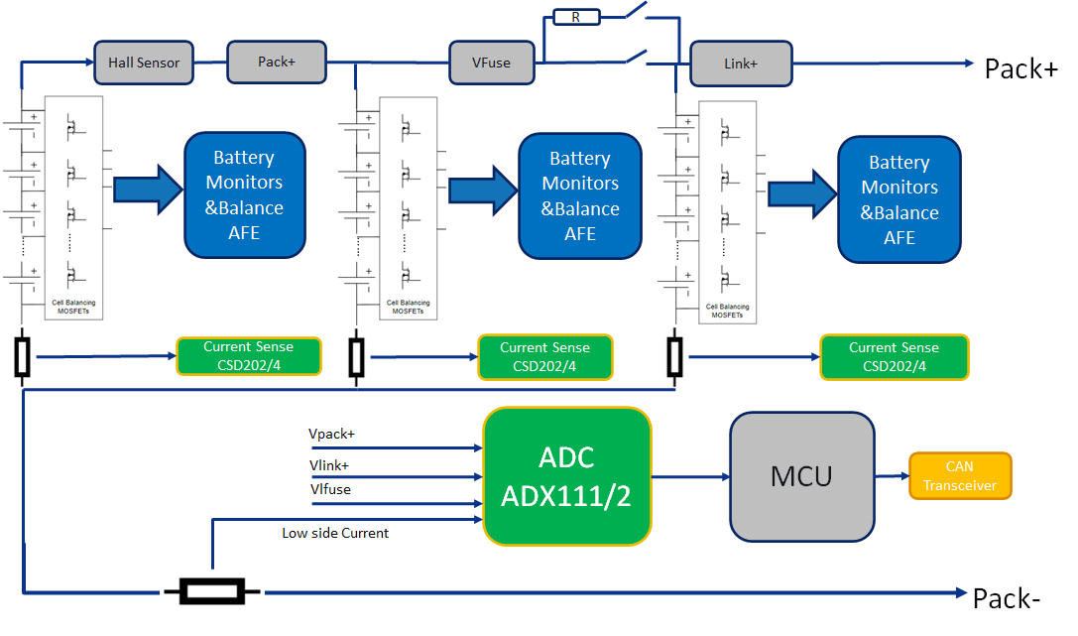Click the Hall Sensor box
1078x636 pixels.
144,62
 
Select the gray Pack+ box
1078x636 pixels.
277,62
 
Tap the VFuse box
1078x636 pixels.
492,63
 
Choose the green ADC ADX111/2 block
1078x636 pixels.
567,476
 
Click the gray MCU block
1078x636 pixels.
802,476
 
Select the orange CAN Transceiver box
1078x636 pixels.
960,475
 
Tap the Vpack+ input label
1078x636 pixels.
332,435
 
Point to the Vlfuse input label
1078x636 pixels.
330,489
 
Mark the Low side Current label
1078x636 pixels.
335,533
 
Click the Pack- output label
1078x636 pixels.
1007,599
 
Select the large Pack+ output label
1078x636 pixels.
1020,68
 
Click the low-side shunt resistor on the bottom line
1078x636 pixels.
211,592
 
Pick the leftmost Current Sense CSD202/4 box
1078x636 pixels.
249,356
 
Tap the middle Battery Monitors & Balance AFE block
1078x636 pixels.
580,195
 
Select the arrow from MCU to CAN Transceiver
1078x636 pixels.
892,476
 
